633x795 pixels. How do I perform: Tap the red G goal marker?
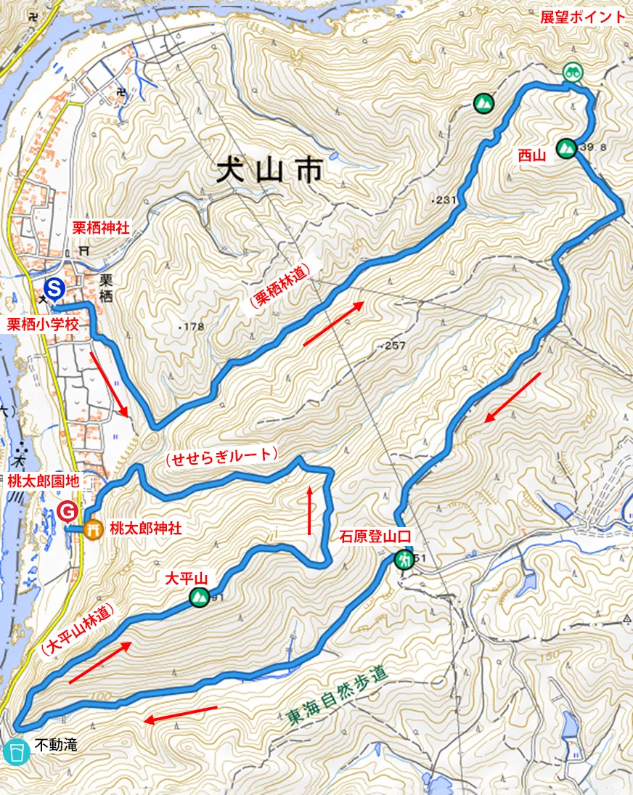tap(68, 511)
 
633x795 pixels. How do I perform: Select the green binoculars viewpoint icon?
tap(573, 71)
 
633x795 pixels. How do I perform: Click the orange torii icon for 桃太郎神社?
tap(91, 530)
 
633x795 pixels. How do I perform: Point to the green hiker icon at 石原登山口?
tap(404, 560)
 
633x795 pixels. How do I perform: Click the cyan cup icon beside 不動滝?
tap(15, 752)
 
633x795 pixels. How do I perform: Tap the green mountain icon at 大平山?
tap(198, 597)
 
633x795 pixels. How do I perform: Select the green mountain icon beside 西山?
tap(566, 148)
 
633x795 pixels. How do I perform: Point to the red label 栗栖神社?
tap(101, 227)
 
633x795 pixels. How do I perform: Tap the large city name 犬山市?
tap(269, 173)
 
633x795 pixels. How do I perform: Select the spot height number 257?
tap(393, 346)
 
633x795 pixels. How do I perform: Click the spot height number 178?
tap(193, 327)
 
